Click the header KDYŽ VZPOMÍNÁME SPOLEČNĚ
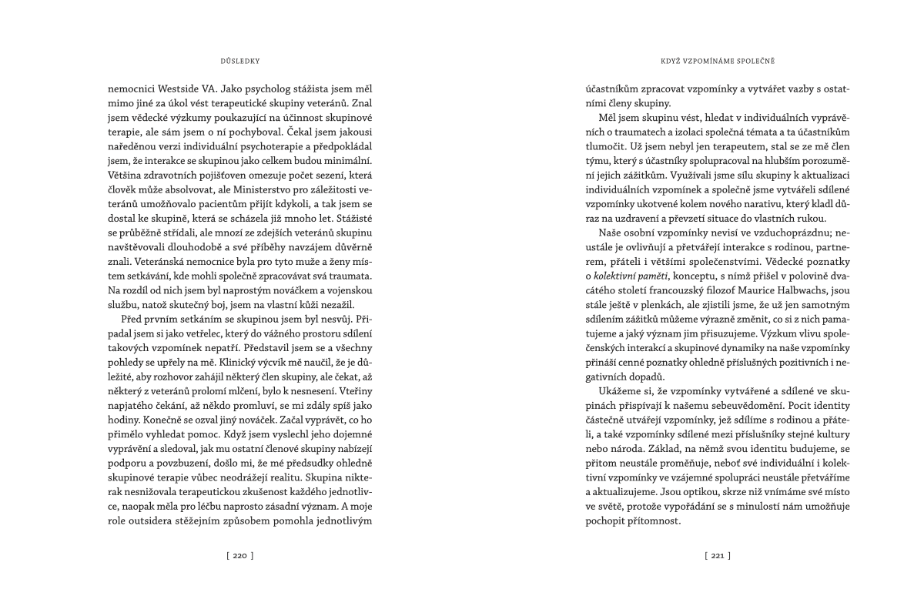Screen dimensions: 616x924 [707, 59]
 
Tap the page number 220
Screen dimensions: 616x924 [239, 554]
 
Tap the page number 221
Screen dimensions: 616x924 [717, 554]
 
